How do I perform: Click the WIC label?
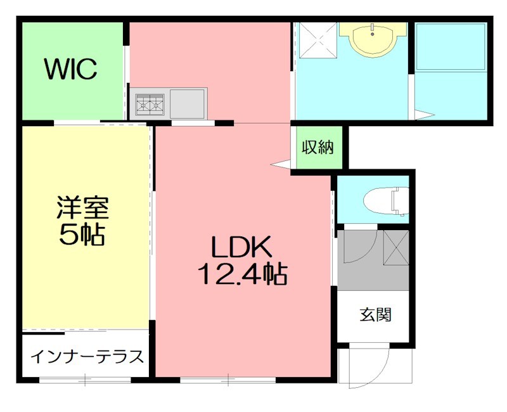(70, 69)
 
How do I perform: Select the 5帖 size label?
(82, 235)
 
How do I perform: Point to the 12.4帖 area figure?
(242, 274)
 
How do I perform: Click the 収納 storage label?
(317, 148)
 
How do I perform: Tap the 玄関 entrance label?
(375, 314)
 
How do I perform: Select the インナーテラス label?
(87, 356)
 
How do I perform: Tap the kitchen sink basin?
(186, 103)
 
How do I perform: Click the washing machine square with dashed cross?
(317, 40)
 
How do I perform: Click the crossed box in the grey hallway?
(397, 247)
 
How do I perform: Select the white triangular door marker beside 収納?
(279, 164)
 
